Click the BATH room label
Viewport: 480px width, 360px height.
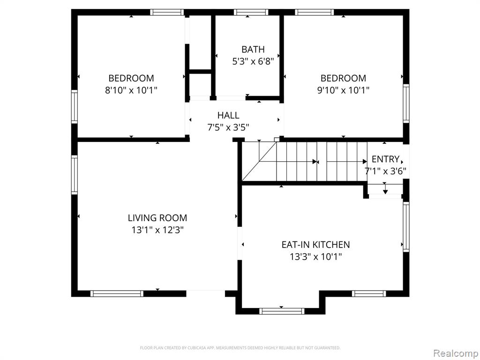253,49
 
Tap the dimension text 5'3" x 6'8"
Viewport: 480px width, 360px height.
253,61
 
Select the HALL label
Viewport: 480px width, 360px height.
228,115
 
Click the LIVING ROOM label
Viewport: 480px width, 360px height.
157,217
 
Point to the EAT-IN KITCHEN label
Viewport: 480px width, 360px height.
315,244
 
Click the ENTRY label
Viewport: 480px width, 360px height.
385,159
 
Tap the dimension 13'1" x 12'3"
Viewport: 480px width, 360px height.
157,230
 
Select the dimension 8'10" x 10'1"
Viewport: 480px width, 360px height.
131,90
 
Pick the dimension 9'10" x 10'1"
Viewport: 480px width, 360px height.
343,90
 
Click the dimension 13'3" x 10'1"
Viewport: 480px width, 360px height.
315,256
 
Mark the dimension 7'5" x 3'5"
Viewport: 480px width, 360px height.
228,127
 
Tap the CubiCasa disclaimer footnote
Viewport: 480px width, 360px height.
240,348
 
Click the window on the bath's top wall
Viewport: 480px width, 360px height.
251,12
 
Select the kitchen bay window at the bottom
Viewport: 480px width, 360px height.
282,311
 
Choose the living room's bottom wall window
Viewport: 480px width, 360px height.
117,293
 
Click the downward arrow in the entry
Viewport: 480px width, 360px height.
385,188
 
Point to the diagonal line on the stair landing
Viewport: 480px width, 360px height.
259,161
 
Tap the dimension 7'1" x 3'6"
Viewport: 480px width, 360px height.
385,171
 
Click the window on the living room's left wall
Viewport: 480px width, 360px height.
75,175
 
